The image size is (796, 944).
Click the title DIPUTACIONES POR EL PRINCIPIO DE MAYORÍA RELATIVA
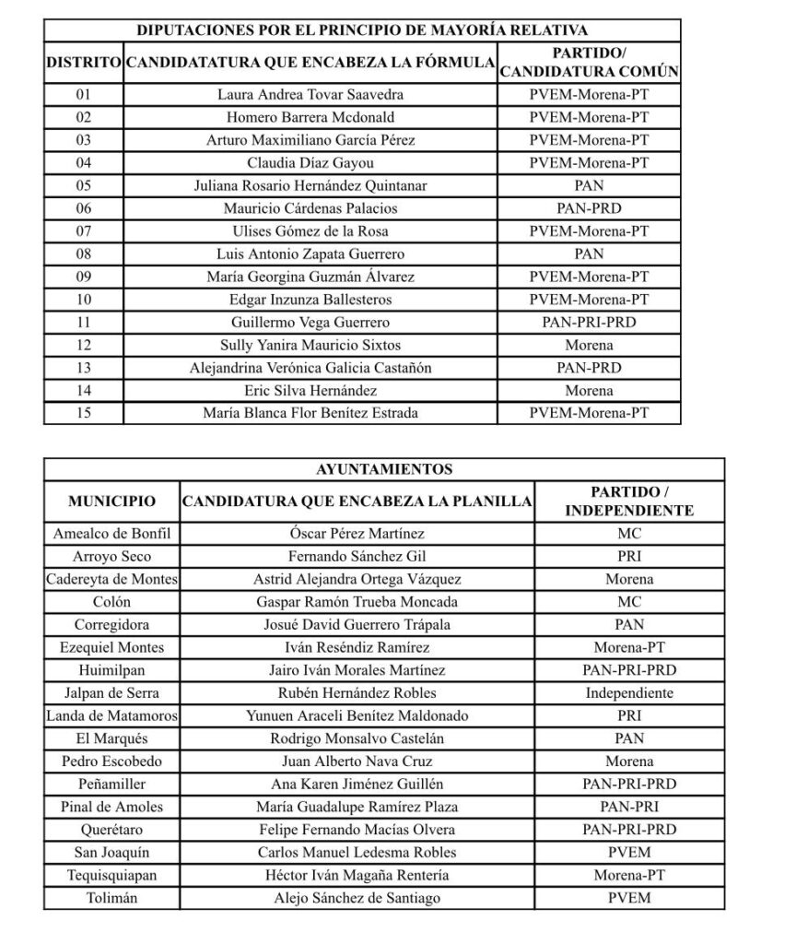(362, 29)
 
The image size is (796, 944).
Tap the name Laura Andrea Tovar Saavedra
(310, 94)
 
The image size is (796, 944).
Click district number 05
(84, 185)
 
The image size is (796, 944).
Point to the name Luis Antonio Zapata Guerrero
(310, 254)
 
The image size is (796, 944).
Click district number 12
(84, 345)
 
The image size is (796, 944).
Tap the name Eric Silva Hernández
(310, 390)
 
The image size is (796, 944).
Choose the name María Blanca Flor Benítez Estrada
(310, 413)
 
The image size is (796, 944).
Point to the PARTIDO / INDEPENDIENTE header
(629, 501)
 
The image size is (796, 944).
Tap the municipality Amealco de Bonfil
(111, 534)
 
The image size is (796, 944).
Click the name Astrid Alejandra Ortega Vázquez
(357, 579)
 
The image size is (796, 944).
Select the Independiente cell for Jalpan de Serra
(629, 693)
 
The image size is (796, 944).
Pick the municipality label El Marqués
(111, 738)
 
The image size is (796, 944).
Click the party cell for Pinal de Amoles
(629, 807)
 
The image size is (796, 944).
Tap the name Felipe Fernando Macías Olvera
(357, 830)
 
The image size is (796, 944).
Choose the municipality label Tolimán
(111, 898)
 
